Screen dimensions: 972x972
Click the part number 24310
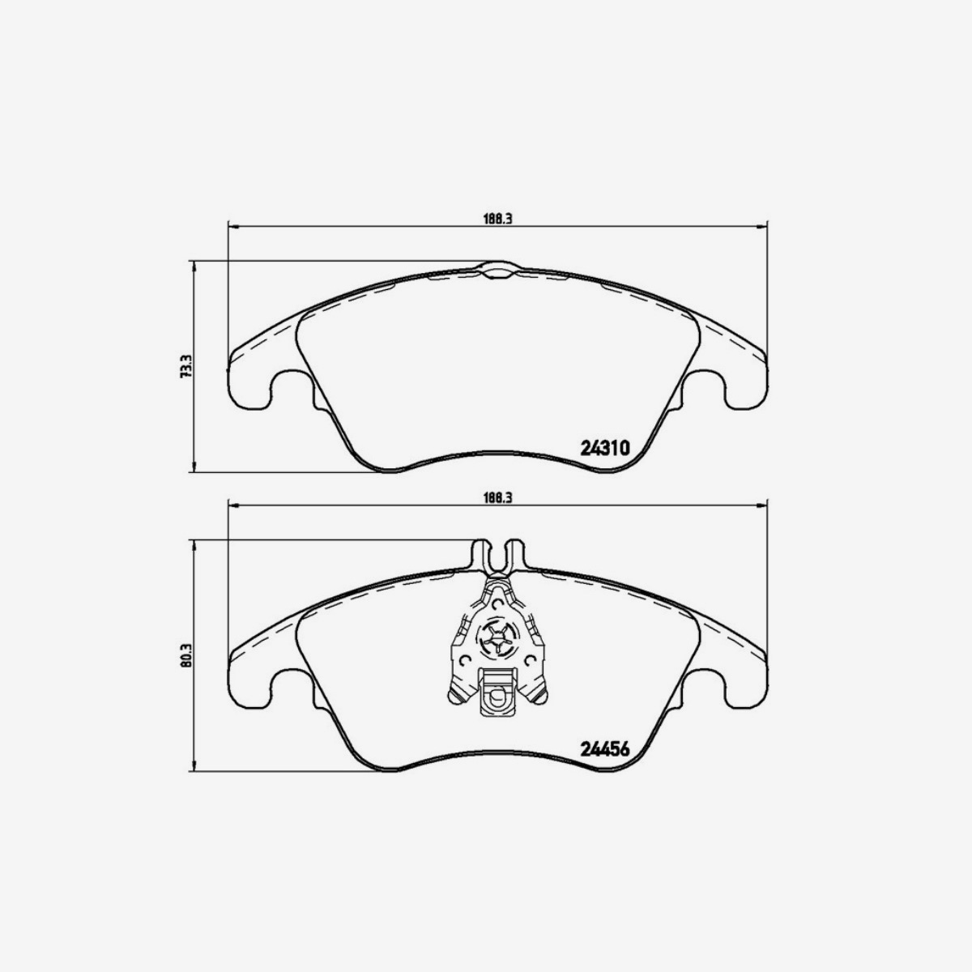coord(605,448)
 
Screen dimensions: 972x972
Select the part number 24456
coord(605,748)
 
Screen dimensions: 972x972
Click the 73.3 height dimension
coord(185,366)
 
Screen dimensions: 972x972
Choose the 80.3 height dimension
coord(185,654)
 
